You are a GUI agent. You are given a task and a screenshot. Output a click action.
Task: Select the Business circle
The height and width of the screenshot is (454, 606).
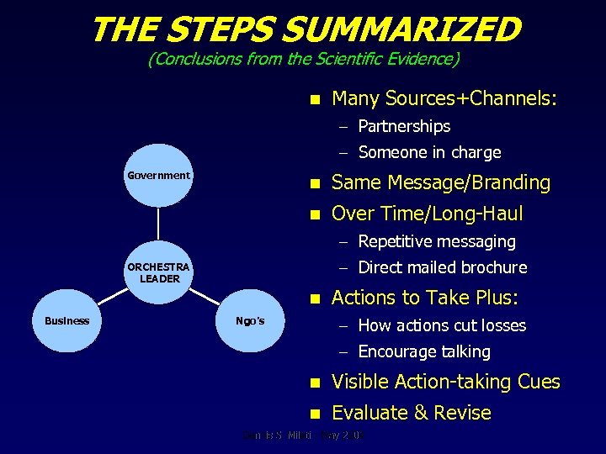[x=66, y=320]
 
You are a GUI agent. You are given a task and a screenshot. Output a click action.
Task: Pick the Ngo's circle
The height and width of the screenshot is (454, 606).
[x=250, y=320]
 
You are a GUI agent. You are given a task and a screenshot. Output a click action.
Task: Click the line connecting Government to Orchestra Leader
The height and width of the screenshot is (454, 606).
[x=158, y=224]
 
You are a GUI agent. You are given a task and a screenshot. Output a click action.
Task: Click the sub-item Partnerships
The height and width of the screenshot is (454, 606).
[x=404, y=126]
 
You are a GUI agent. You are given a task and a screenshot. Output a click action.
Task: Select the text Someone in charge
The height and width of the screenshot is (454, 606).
[x=429, y=152]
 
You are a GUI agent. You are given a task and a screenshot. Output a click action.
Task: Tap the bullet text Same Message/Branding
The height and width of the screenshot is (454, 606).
[x=441, y=182]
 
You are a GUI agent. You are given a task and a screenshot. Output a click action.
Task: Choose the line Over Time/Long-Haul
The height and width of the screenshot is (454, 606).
[x=427, y=214]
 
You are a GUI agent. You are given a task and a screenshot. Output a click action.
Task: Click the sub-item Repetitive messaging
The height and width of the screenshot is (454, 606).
[x=436, y=241]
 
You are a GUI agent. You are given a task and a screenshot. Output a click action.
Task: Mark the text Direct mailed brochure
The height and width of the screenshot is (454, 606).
[x=442, y=267]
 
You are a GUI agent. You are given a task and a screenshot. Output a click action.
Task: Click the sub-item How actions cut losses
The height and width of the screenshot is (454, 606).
[x=442, y=325]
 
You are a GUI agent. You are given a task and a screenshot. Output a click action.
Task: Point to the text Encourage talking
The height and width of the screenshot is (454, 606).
[x=423, y=351]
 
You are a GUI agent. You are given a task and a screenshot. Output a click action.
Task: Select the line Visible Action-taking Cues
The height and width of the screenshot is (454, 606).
[x=445, y=382]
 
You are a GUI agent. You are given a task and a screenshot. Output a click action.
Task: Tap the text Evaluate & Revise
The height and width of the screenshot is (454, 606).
[x=411, y=413]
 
